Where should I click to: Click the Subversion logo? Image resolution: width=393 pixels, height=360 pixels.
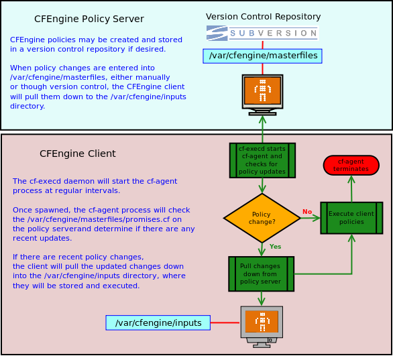pos(262,33)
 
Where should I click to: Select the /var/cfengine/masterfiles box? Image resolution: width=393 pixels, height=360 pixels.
pos(262,56)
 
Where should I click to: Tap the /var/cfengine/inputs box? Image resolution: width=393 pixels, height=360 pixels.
pos(158,322)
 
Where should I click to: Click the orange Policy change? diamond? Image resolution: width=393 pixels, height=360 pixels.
pos(262,218)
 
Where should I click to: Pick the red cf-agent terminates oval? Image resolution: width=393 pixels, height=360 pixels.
pos(351,165)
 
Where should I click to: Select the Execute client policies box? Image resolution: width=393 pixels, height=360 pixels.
pos(351,218)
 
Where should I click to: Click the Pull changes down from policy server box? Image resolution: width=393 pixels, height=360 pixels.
pos(261,274)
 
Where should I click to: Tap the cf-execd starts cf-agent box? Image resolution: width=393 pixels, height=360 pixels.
pos(262,160)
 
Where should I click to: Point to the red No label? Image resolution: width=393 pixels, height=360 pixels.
pos(307,212)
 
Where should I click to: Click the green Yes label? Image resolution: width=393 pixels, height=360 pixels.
pos(275,247)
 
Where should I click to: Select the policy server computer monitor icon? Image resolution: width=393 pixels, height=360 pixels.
pos(262,95)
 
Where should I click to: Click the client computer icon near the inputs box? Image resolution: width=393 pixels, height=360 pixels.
pos(262,326)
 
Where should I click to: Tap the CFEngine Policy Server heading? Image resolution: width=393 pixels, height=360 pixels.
pos(89,19)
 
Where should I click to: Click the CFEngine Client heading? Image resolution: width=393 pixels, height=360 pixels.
pos(78,154)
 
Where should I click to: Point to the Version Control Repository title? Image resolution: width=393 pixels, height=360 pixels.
pos(263,17)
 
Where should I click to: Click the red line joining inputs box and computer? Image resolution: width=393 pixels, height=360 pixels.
pos(225,322)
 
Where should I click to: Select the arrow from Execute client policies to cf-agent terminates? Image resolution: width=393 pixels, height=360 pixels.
pos(351,188)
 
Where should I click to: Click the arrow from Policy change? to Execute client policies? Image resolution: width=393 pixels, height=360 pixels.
pos(311,218)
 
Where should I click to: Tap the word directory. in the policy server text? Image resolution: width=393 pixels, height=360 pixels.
pos(27,106)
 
